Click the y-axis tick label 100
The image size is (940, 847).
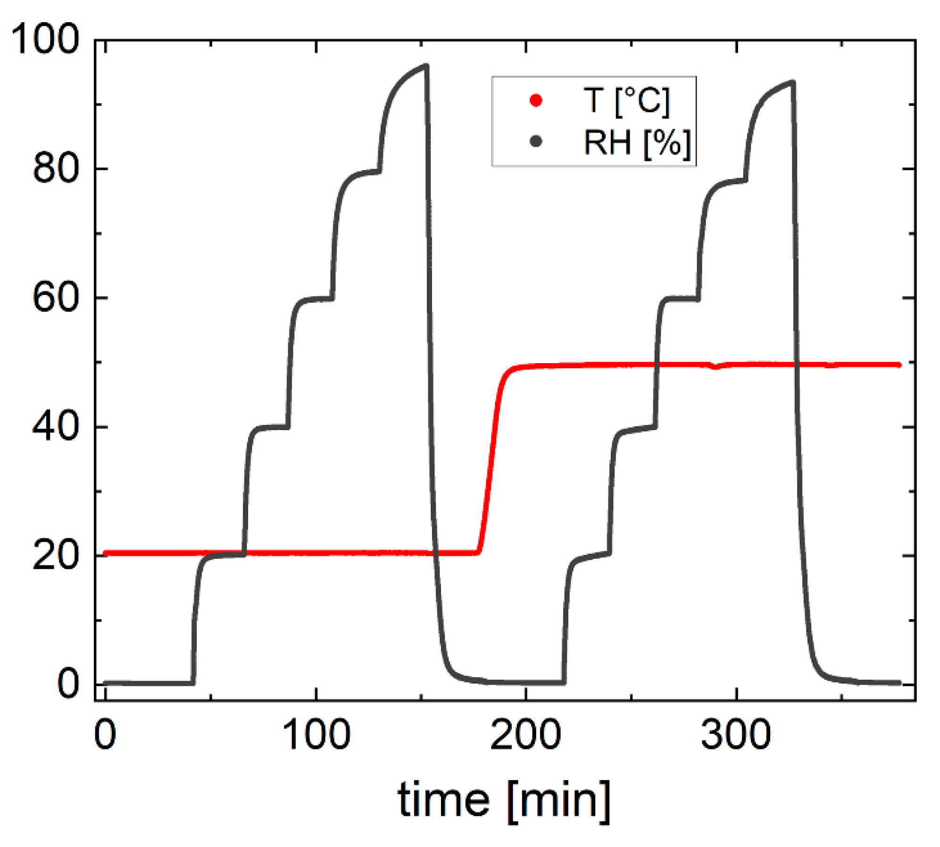coord(45,39)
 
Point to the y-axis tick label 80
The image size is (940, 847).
coord(55,168)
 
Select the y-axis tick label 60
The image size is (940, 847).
coord(55,298)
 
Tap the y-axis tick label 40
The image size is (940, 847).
coord(55,427)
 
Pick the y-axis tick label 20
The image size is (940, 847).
coord(55,556)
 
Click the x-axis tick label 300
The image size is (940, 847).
coord(735,735)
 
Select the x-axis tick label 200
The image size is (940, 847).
coord(525,735)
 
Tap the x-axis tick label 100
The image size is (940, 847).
coord(316,735)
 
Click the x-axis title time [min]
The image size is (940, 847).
coord(504,800)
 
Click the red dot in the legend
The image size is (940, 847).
coord(536,100)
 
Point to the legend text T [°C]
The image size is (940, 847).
coord(626,100)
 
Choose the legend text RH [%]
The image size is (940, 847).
coord(637,142)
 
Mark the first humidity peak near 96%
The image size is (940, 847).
coord(426,66)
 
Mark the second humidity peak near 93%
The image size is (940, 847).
coord(793,82)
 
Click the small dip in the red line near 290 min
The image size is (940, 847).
coord(716,367)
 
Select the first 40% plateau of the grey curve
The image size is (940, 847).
coord(271,427)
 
